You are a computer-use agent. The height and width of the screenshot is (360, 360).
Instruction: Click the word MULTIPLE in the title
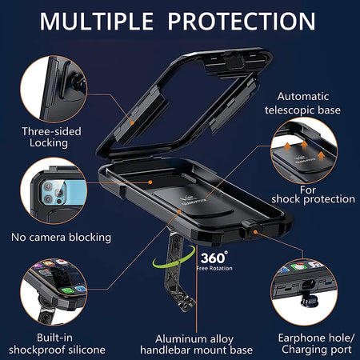[97, 22]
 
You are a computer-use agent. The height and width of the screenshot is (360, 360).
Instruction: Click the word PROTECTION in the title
[242, 22]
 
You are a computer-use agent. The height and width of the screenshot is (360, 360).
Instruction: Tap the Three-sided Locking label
[51, 137]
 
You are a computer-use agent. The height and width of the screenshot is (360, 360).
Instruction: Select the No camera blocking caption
[61, 237]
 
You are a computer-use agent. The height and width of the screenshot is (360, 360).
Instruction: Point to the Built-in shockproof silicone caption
[57, 344]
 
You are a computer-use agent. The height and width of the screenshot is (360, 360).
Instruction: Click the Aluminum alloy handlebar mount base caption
[196, 345]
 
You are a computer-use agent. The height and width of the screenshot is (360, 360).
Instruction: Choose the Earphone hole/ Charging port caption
[317, 343]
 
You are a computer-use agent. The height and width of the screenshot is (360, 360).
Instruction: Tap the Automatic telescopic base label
[302, 103]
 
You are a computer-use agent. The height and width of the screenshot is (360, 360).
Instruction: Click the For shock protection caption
[313, 194]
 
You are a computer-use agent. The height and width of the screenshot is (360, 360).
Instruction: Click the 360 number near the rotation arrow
[214, 258]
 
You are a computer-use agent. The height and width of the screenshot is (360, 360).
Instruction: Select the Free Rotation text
[214, 268]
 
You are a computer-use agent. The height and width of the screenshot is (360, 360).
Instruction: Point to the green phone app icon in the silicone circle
[68, 290]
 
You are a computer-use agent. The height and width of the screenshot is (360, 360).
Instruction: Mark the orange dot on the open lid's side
[132, 123]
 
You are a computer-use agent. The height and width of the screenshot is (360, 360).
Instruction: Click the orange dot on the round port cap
[255, 232]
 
